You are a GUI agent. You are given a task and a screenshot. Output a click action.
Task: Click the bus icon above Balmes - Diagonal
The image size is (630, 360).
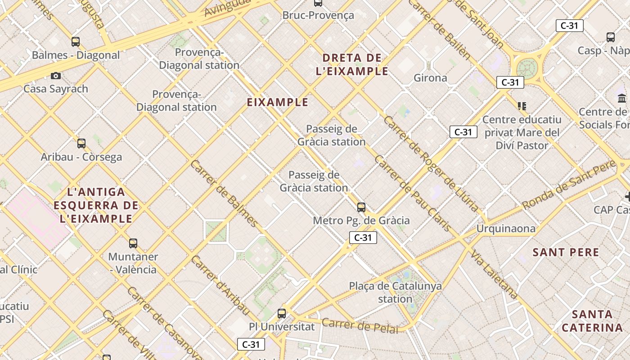[x=76, y=42]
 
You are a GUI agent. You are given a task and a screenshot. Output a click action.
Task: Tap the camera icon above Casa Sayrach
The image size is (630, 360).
[x=56, y=76]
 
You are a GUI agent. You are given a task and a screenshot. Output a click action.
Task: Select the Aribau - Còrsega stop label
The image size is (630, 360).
[x=81, y=157]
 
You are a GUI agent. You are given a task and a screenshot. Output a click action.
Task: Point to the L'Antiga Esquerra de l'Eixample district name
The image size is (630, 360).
[x=96, y=206]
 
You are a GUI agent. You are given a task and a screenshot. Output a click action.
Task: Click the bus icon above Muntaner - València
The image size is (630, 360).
[x=133, y=243]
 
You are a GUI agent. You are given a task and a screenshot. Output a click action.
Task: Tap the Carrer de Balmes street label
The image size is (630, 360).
[x=224, y=193]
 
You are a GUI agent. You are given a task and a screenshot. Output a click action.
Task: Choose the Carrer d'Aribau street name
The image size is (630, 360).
[x=220, y=285]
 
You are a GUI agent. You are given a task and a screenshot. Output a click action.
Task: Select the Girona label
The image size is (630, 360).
[x=430, y=78]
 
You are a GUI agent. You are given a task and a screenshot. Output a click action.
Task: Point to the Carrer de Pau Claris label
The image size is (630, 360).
[x=412, y=193]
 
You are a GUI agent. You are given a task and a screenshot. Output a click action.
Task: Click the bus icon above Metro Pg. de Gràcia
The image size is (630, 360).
[x=361, y=207]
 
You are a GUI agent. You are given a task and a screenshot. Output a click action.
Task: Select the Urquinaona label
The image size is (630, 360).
[x=506, y=229]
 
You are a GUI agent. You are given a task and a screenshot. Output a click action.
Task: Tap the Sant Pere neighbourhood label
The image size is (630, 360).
[x=566, y=252]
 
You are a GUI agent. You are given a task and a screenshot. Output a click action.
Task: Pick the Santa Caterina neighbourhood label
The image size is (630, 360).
[x=592, y=321]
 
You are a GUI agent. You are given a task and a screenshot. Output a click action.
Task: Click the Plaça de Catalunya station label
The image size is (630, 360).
[x=396, y=292]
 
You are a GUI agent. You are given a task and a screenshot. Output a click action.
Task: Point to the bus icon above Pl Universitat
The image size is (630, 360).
[x=282, y=314]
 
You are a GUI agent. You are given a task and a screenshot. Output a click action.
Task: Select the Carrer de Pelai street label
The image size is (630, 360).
[x=360, y=326]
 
